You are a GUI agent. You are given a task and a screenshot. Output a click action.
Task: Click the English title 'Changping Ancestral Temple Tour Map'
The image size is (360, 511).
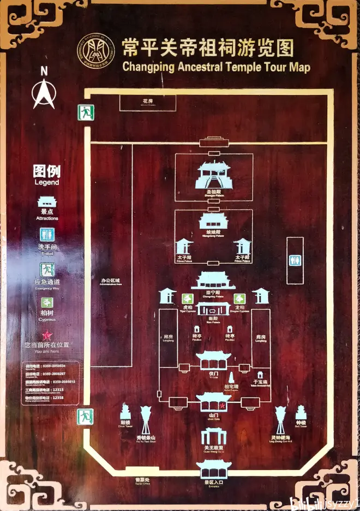coord(216,68)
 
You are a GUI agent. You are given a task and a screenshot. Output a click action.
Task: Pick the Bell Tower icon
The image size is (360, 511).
coord(301,412)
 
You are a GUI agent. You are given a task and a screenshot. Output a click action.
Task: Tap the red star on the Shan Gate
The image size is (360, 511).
coord(221,405)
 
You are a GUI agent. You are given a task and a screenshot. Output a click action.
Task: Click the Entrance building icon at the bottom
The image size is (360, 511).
coord(214,468)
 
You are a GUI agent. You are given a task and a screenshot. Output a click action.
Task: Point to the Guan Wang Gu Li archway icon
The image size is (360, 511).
coord(213,436)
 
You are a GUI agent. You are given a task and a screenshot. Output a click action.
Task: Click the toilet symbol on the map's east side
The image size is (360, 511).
coord(295,260)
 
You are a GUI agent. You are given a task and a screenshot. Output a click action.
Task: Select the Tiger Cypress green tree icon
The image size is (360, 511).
coord(187,299)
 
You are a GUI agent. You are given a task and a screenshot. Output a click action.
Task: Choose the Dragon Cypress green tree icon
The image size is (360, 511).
coord(239,299)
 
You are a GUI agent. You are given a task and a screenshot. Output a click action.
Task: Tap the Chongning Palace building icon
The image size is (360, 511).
coord(213,281)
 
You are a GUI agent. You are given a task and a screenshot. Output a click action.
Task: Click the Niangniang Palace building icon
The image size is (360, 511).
coord(213,221)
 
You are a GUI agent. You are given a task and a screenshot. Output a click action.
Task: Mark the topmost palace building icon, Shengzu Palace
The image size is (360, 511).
coord(213,175)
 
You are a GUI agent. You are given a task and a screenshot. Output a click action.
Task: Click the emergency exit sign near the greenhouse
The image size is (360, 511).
coord(85,112)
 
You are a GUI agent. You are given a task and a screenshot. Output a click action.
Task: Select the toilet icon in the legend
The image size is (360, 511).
coord(47,235)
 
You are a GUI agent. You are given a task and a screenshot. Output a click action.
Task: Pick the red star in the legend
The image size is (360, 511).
coord(47,335)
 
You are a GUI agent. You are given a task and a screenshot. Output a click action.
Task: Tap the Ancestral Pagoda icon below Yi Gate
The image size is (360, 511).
coord(231,378)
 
